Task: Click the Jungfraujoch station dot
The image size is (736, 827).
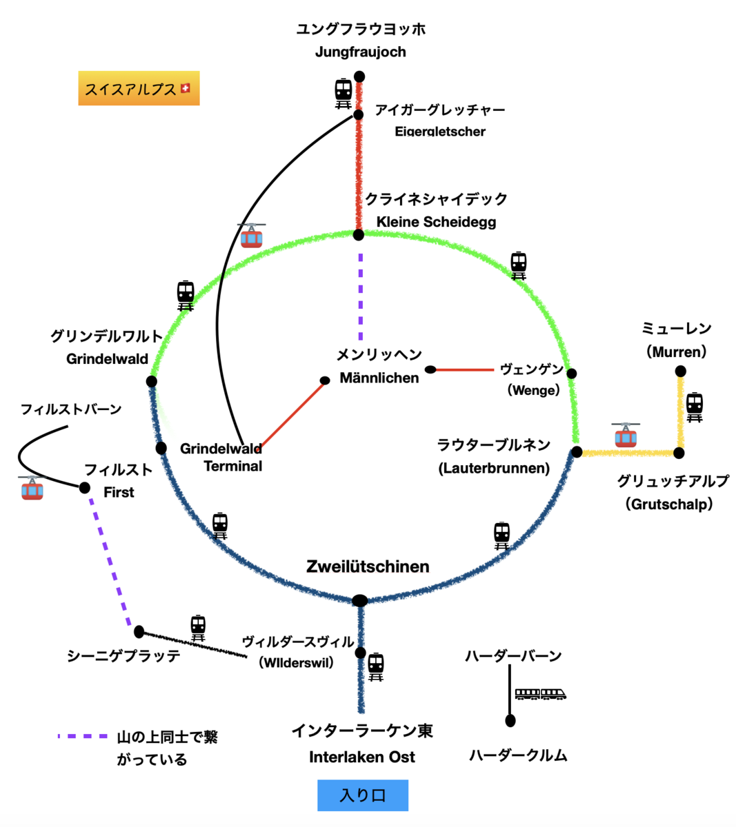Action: (x=359, y=76)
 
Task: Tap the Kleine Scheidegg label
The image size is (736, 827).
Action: (x=436, y=222)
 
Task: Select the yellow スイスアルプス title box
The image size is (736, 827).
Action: (x=139, y=88)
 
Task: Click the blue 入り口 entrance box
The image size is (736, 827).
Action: (x=363, y=795)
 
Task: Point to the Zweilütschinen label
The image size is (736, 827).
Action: (x=368, y=566)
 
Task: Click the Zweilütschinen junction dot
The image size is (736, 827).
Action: (x=360, y=600)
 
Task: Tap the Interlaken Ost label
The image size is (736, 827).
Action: (x=362, y=757)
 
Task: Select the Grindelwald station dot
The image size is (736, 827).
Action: (x=152, y=381)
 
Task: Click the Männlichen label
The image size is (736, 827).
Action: (x=379, y=378)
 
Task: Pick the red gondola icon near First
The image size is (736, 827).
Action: (x=32, y=488)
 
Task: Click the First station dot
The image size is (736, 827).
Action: (x=85, y=487)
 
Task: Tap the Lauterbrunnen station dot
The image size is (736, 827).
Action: (x=577, y=452)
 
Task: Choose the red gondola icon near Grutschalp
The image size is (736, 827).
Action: (x=626, y=435)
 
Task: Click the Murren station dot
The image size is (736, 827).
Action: (x=680, y=371)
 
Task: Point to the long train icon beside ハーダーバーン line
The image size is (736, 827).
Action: (x=540, y=694)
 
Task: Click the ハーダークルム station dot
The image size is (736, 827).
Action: (x=510, y=721)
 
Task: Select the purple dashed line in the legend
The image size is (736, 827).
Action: (x=83, y=736)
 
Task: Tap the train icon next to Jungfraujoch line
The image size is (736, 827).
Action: (x=344, y=94)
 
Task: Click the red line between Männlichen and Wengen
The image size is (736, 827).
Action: (x=465, y=370)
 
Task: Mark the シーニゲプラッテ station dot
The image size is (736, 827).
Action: (x=139, y=632)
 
